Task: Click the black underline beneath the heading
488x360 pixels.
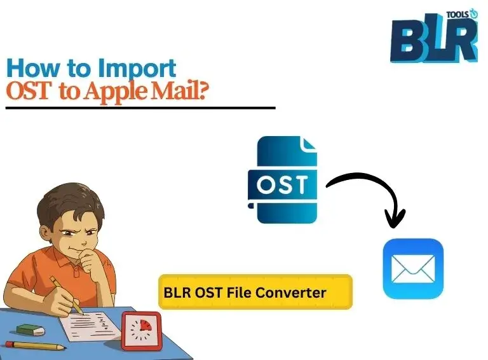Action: coord(140,108)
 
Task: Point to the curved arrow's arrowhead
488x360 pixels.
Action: coord(395,220)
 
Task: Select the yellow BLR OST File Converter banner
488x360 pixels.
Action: coord(255,292)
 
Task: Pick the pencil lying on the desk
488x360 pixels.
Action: coord(39,346)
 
